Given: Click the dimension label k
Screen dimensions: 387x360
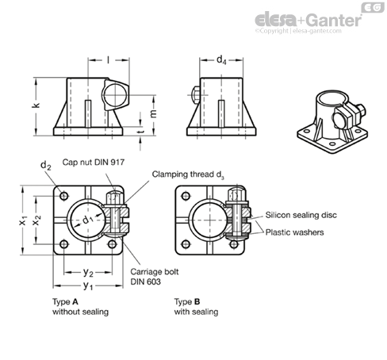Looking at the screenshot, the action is click(x=36, y=105).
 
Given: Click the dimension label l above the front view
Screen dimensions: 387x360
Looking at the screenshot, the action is click(x=108, y=60).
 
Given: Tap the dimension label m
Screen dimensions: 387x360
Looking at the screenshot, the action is click(x=154, y=113).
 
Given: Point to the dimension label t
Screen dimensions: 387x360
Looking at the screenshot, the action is click(x=142, y=131).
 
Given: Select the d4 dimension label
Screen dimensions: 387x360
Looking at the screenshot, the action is click(x=221, y=60).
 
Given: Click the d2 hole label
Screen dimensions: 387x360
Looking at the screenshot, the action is click(x=46, y=166).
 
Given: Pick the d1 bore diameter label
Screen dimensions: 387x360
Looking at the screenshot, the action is click(x=88, y=220).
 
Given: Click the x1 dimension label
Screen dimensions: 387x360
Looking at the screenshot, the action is click(x=23, y=220).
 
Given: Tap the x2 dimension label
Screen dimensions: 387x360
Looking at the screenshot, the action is click(x=36, y=220).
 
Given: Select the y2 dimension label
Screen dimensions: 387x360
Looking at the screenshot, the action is click(x=88, y=272).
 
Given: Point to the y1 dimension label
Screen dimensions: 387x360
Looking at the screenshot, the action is click(x=88, y=285).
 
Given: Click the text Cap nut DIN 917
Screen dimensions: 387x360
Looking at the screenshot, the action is click(x=94, y=162).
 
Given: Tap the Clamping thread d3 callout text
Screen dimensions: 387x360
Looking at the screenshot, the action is click(x=188, y=174).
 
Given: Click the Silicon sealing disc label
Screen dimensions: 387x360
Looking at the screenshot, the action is click(x=301, y=215).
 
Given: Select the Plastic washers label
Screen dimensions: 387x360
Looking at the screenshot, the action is click(x=294, y=232).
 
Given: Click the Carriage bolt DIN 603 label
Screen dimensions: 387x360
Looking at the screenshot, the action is click(x=155, y=277).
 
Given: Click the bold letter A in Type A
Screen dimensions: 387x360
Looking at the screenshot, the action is click(x=75, y=301).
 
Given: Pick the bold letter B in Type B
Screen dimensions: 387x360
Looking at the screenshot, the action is click(x=197, y=301).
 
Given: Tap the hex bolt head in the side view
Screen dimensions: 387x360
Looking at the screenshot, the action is click(x=196, y=95).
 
